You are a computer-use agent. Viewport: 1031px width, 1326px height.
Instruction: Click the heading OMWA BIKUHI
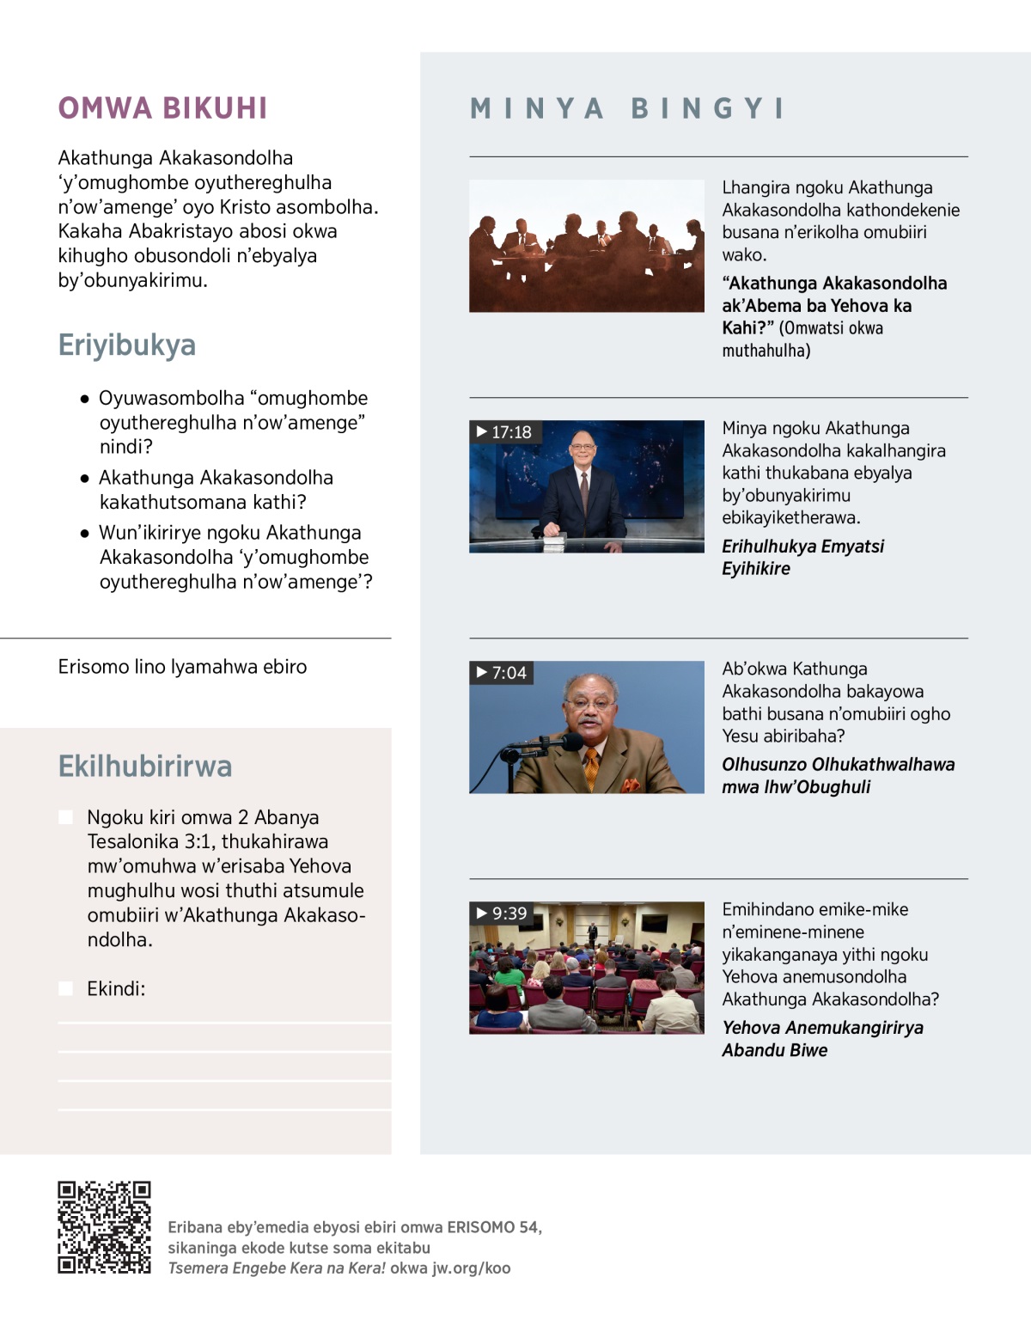(162, 108)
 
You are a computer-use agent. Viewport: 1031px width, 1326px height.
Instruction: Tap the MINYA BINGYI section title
(627, 108)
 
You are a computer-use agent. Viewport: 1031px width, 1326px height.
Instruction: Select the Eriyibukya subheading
(127, 345)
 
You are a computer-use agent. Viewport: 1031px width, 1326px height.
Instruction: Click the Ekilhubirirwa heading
(145, 767)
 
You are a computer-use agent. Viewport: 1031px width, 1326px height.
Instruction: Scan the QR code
(104, 1227)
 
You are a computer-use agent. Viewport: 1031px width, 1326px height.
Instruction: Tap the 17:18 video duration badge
(504, 431)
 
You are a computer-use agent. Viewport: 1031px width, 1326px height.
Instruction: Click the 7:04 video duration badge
(502, 672)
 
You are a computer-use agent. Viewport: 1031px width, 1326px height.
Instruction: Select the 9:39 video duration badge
(503, 913)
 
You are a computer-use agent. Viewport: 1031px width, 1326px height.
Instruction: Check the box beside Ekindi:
(65, 988)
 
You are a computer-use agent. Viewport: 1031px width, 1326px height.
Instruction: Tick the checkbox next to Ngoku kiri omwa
(65, 816)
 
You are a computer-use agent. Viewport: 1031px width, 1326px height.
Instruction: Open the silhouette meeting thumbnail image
(586, 246)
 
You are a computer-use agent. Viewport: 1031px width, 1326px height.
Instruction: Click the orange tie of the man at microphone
(591, 767)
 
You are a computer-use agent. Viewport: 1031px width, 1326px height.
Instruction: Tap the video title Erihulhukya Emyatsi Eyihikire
(802, 557)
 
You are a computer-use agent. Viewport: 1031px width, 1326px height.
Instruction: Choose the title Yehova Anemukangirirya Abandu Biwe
(822, 1038)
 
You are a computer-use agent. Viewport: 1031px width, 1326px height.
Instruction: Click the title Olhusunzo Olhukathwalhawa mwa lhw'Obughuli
(838, 775)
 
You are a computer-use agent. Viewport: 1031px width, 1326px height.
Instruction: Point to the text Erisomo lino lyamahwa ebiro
(182, 667)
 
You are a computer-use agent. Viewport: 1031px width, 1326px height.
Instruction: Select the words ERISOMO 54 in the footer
(492, 1227)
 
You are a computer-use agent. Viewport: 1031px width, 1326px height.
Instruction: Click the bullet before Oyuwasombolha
(84, 399)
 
